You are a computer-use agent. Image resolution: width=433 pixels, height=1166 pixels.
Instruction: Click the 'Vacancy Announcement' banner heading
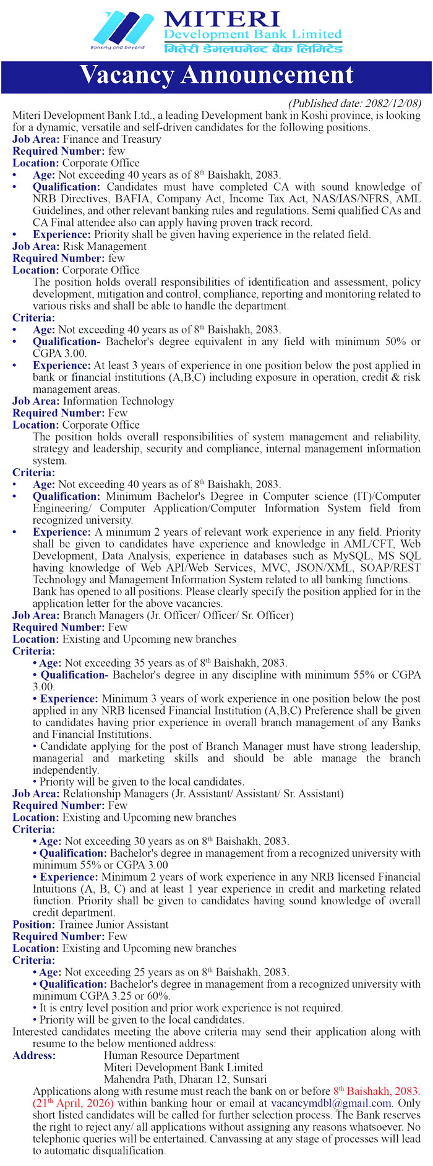pos(216,75)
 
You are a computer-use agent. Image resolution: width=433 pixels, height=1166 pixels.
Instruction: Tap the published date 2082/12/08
pos(354,103)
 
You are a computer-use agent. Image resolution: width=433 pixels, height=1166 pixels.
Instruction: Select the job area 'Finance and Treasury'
pos(111,139)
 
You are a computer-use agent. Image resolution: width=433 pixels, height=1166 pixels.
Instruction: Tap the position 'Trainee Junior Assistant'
pos(113,925)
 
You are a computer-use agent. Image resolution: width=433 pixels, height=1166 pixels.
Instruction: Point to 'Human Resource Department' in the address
pos(171,1056)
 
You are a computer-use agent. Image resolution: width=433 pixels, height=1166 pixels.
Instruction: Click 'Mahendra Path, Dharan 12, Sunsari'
pos(177,1079)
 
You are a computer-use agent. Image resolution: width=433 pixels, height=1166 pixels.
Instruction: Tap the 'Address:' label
pos(34,1056)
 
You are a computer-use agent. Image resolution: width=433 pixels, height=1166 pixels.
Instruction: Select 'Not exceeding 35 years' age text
pos(118,663)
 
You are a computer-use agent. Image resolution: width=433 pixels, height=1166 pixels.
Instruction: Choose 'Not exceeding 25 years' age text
pos(118,972)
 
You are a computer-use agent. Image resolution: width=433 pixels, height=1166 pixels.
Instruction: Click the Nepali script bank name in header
pos(253,48)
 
